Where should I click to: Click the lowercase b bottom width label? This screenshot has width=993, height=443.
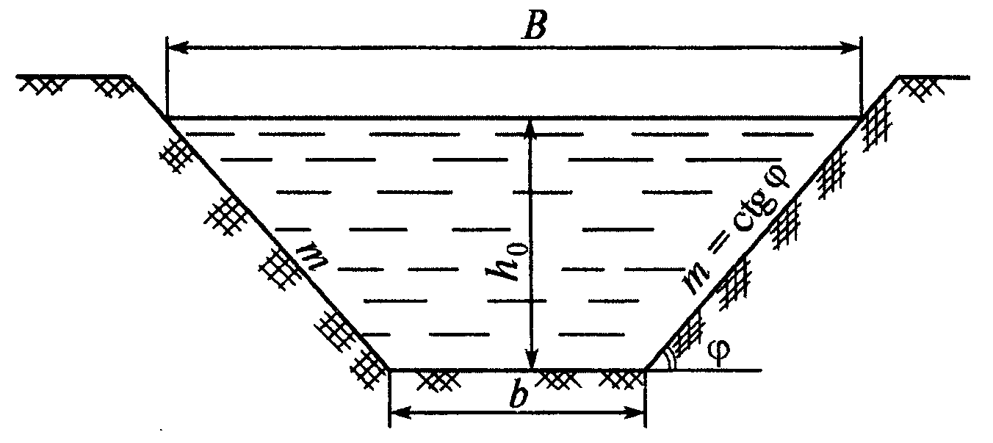click(x=519, y=395)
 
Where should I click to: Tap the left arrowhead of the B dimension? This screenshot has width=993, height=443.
click(x=177, y=47)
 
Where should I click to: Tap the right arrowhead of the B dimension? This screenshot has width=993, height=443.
click(x=851, y=47)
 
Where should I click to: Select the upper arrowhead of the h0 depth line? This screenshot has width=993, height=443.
click(x=531, y=130)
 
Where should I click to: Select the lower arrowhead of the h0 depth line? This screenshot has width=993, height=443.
click(x=531, y=359)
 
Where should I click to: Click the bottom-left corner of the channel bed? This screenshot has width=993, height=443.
click(x=389, y=369)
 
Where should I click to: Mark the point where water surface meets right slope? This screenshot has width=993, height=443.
click(x=862, y=118)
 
